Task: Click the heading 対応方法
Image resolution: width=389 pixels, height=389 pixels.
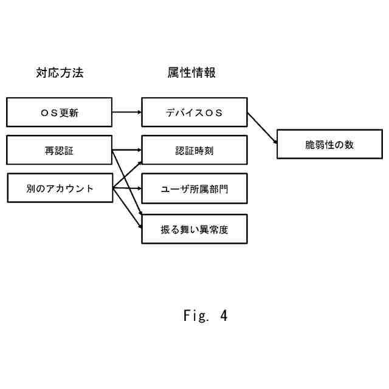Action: [60, 73]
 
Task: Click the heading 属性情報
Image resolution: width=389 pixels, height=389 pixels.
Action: [191, 73]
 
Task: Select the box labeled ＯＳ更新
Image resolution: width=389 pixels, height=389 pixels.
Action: [60, 112]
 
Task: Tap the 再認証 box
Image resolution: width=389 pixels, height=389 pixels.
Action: [60, 150]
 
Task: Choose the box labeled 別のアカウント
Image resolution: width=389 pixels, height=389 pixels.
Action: [60, 188]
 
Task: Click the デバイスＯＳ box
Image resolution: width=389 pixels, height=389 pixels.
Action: [194, 112]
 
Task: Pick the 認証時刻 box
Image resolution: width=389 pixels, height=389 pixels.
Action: [194, 150]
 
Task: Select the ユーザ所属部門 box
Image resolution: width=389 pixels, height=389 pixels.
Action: [194, 188]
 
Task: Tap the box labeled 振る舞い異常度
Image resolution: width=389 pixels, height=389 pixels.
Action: [194, 229]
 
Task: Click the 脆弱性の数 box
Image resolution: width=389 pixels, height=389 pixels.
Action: [329, 144]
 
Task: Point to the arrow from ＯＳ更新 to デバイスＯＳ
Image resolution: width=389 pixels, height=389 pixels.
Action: [127, 112]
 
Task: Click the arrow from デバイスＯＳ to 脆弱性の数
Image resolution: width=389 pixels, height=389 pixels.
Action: [262, 128]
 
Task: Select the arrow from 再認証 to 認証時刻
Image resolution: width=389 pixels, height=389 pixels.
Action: [127, 150]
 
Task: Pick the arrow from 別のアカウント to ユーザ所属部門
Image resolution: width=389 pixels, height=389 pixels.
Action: [127, 188]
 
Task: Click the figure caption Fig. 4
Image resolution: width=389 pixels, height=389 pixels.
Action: [205, 315]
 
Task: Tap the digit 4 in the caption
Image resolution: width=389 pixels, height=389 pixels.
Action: [224, 315]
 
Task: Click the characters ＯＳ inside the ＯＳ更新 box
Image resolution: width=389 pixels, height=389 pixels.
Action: [49, 113]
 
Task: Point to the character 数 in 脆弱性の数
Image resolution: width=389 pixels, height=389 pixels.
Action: [349, 145]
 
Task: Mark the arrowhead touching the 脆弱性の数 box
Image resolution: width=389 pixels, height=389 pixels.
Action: [275, 142]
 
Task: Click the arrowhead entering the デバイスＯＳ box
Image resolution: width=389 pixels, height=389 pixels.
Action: [139, 112]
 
